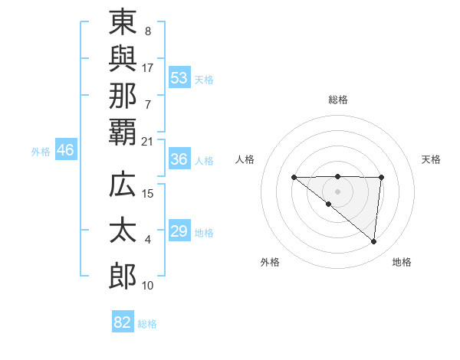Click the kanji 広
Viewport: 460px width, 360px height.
pos(123,185)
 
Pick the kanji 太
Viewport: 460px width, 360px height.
pos(123,231)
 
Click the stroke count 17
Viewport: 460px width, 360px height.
pos(148,67)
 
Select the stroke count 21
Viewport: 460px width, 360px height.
pos(148,141)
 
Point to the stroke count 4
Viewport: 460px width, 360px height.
pos(148,241)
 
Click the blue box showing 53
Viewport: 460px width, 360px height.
pos(179,77)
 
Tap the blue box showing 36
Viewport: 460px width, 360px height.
pos(179,159)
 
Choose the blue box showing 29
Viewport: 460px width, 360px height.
pos(179,231)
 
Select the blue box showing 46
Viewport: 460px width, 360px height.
pos(65,150)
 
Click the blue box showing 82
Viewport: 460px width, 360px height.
pos(123,322)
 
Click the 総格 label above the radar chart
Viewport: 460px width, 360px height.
pos(337,100)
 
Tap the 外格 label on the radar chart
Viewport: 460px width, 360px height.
pos(270,262)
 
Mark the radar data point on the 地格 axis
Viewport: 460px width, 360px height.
pos(374,242)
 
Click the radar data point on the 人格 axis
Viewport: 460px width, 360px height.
pos(294,177)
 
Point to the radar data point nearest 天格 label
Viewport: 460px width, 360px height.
pos(381,178)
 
